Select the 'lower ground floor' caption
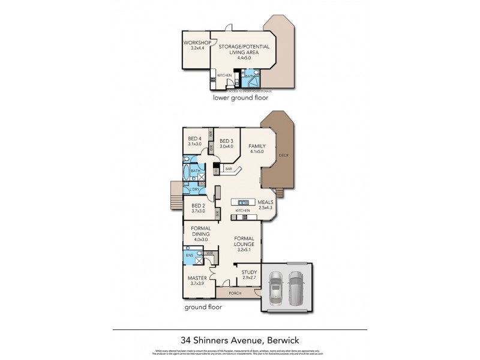coord(241,97)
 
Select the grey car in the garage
coord(296,287)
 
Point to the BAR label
coord(229,170)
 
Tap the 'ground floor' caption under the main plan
coord(203,307)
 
